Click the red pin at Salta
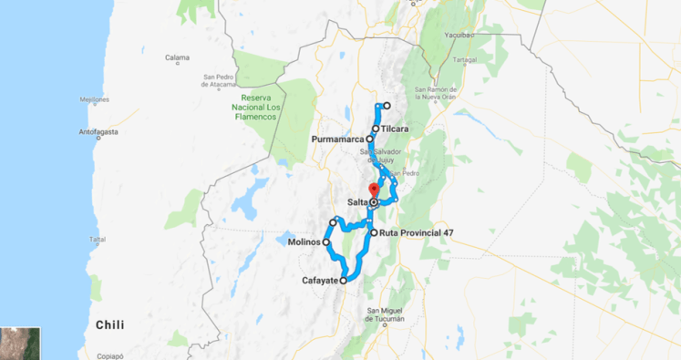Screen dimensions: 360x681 point(374,189)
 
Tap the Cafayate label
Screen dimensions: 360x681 point(320,281)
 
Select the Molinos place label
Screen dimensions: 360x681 point(303,242)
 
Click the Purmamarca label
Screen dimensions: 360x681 point(337,139)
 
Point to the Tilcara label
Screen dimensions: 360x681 point(395,129)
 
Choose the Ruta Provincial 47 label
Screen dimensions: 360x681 point(417,232)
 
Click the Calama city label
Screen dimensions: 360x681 point(177,58)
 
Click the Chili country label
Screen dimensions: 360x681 point(110,324)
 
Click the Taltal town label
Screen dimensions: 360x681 point(98,239)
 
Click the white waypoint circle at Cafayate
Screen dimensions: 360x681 point(344,282)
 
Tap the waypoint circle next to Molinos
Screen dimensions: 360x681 point(326,242)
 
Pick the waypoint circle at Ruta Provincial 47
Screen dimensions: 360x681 point(374,232)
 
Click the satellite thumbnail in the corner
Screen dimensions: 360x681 point(18,342)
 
